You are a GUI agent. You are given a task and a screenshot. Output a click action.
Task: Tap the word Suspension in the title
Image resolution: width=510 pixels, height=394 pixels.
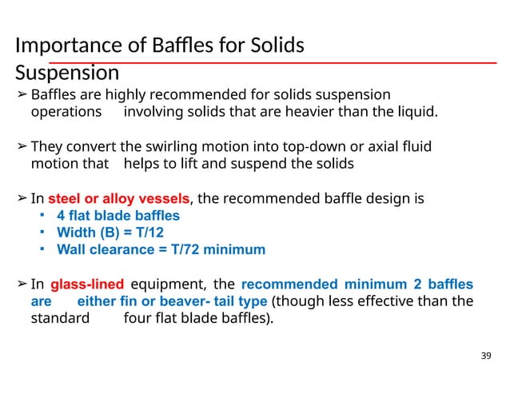point(67,74)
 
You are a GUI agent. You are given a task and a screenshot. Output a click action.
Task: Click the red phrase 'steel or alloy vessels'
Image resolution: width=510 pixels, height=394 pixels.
point(119,199)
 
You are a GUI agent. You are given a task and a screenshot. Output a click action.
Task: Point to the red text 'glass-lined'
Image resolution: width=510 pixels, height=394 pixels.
point(86,285)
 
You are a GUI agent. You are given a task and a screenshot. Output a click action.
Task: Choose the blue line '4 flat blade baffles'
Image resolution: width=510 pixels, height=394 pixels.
point(118,216)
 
